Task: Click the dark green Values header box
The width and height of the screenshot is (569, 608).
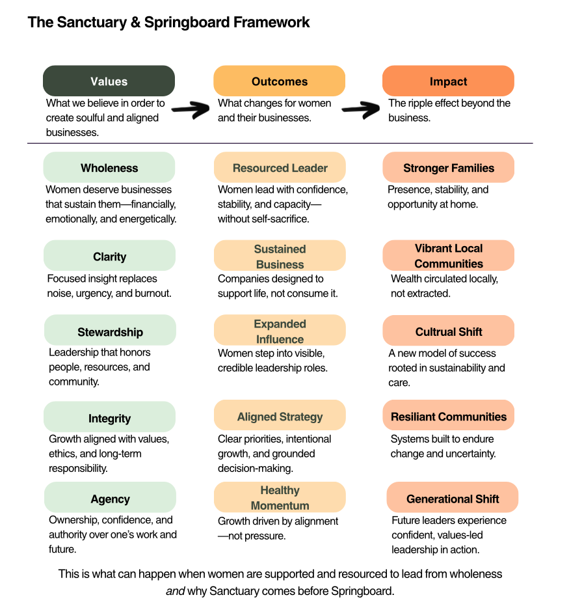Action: pyautogui.click(x=109, y=81)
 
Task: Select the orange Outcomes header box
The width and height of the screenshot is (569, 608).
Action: pyautogui.click(x=279, y=81)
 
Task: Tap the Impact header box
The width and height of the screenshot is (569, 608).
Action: pyautogui.click(x=448, y=81)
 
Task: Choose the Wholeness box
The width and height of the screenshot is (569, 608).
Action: pyautogui.click(x=109, y=168)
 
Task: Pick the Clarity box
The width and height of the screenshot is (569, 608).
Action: pyautogui.click(x=109, y=256)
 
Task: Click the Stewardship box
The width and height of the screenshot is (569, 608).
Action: pyautogui.click(x=110, y=331)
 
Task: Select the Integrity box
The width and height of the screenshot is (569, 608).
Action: pyautogui.click(x=109, y=418)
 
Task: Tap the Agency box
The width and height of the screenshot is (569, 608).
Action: pyautogui.click(x=110, y=499)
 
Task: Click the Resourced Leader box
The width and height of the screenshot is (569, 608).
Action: pyautogui.click(x=280, y=168)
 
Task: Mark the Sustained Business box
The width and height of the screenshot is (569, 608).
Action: pyautogui.click(x=280, y=256)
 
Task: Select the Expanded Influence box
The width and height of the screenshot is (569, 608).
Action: pyautogui.click(x=280, y=331)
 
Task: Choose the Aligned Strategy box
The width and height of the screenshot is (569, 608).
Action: pyautogui.click(x=280, y=417)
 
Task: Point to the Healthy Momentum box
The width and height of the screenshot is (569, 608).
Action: pyautogui.click(x=280, y=497)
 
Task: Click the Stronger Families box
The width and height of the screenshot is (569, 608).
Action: pyautogui.click(x=449, y=168)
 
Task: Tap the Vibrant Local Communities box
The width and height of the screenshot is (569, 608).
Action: pyautogui.click(x=449, y=255)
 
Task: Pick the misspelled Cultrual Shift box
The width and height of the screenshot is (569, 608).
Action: pyautogui.click(x=449, y=331)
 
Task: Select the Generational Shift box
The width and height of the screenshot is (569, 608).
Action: pyautogui.click(x=453, y=499)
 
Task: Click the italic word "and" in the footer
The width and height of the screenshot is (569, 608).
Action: pyautogui.click(x=175, y=592)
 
